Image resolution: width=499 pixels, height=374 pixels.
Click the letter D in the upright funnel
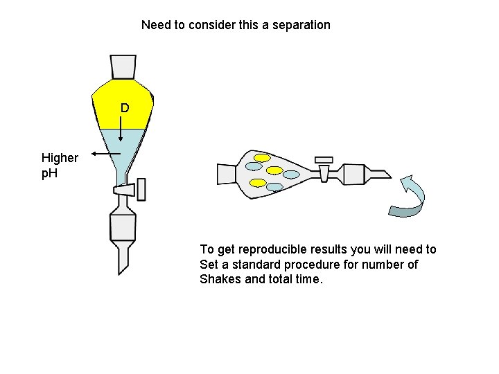[124, 108]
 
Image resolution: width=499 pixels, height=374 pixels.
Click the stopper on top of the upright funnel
[123, 66]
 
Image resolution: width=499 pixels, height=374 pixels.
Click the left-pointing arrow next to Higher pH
[103, 153]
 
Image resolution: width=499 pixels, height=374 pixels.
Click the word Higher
[60, 158]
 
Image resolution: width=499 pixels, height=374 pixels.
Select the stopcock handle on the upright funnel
[141, 189]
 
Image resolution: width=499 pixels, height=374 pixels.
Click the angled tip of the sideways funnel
[381, 176]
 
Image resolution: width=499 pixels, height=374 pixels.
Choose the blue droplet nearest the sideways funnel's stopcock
[291, 175]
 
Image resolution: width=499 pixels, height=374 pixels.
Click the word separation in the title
[299, 25]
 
